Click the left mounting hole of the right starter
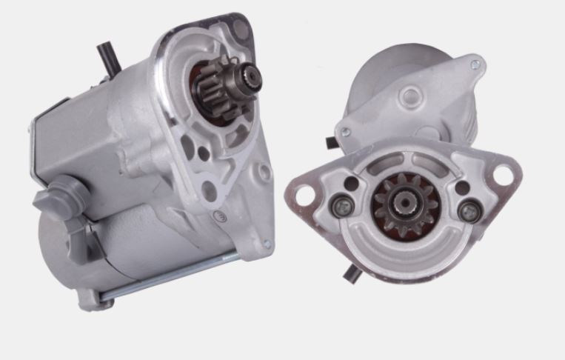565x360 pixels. (x=304, y=194)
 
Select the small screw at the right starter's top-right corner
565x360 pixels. (x=475, y=65)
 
